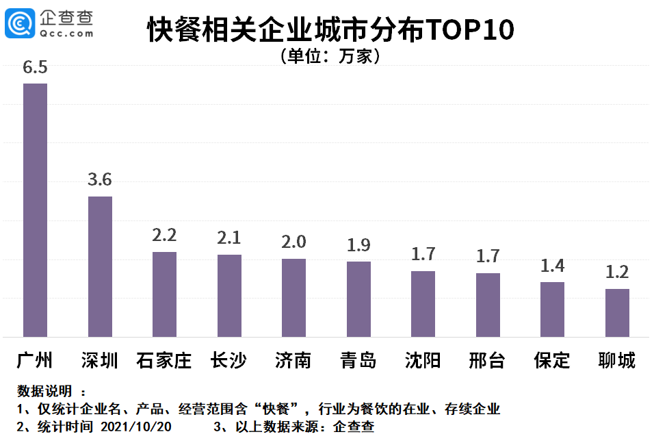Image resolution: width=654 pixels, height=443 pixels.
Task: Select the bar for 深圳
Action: coord(100,266)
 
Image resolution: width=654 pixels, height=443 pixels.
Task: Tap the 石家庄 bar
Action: coord(164,294)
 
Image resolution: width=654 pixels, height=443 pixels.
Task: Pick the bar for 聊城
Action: coord(617,313)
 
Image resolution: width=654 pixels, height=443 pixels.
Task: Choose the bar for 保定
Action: coord(552,309)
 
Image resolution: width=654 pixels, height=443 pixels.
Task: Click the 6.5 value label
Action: coord(35,68)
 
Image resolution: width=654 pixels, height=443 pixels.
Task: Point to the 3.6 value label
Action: coord(100,180)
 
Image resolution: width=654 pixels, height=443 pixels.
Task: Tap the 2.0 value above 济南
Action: coord(293,242)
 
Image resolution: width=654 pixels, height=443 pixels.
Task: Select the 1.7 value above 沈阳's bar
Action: coord(423,255)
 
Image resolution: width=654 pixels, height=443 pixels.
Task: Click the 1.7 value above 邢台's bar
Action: coord(488,257)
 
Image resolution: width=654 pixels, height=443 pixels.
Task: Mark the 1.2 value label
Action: coord(617,272)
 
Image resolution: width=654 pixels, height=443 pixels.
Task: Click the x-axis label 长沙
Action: coord(228,360)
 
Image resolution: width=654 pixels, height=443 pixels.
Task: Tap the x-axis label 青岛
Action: coord(358,360)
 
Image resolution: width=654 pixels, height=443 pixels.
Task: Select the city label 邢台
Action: coord(487,360)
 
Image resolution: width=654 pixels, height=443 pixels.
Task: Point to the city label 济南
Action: coord(293,360)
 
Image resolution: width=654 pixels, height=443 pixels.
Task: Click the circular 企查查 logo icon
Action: coord(20,24)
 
